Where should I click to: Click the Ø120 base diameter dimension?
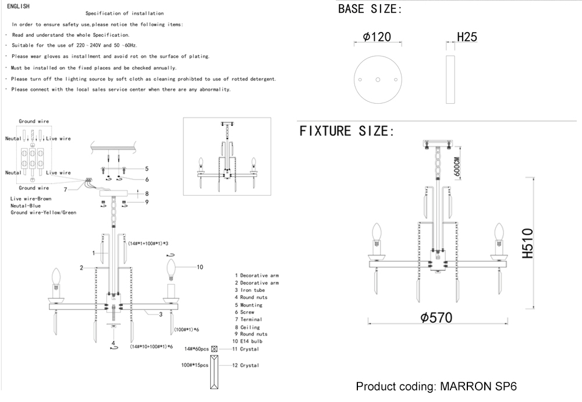[x=377, y=37]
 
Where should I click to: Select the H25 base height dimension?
[x=467, y=37]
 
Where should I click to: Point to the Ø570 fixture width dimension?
[x=436, y=318]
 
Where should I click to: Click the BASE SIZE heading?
[x=370, y=9]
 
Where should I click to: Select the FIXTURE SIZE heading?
[x=347, y=131]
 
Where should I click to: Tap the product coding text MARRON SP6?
[x=436, y=387]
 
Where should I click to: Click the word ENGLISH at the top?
[x=19, y=5]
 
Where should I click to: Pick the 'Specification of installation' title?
[x=125, y=13]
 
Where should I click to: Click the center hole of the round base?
[x=377, y=79]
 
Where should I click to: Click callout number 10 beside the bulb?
[x=200, y=267]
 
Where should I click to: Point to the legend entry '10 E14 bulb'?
[x=249, y=341]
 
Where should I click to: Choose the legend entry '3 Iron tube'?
[x=250, y=290]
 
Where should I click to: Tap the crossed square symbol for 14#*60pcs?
[x=214, y=349]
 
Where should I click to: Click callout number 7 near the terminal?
[x=66, y=189]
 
